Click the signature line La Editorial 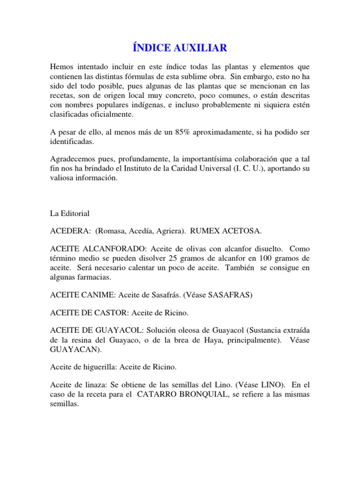tap(70, 213)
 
